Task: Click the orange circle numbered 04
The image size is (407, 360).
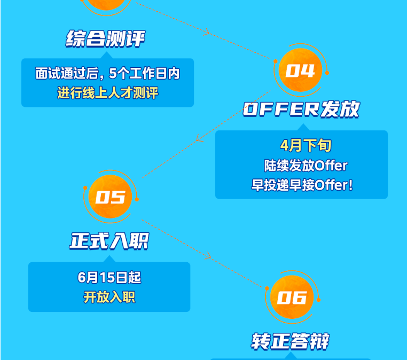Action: pos(300,70)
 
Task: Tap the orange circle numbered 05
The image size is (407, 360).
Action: pos(111,197)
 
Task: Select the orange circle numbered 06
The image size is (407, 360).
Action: pos(292,297)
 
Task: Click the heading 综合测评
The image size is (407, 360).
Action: pos(105,39)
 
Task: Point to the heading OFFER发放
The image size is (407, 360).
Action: pos(301,109)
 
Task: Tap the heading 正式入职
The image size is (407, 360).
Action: pos(109,241)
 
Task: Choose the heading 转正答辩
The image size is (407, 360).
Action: pos(290,341)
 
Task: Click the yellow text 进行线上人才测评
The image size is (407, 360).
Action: pos(108,93)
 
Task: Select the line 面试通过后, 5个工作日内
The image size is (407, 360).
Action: pos(108,73)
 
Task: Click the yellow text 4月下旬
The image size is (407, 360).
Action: pos(306,145)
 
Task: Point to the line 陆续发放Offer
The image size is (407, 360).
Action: pos(306,166)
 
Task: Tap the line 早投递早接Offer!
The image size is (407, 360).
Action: pos(302,185)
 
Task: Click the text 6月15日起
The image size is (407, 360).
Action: pos(109,277)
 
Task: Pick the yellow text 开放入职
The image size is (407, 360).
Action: pos(109,297)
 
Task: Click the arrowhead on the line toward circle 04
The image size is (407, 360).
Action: pos(207,32)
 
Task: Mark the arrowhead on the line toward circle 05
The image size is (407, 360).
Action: pos(199,138)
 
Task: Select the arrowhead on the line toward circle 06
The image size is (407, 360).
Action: pos(208,256)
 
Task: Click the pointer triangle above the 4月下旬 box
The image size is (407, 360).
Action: pos(303,128)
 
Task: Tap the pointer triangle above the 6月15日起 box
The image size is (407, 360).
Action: pos(109,259)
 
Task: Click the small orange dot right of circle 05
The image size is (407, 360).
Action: pos(137,199)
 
